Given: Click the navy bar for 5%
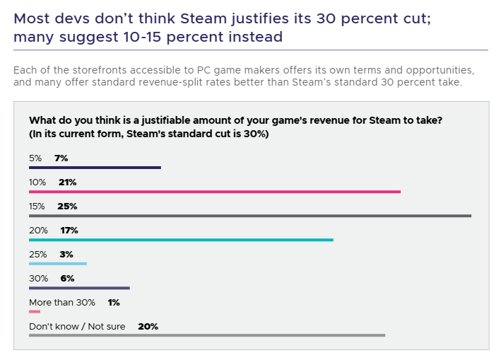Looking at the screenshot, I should (95, 168).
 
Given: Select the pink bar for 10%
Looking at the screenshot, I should (214, 192).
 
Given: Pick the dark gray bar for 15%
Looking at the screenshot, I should (249, 216).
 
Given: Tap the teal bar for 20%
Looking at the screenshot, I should (180, 240).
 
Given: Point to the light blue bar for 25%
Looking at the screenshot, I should (57, 264).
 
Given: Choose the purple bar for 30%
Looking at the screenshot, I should (79, 288).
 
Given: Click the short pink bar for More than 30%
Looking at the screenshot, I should (35, 311).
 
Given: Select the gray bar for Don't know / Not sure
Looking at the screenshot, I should (206, 335).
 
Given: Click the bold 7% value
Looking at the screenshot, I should (61, 158).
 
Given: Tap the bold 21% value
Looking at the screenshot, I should (67, 182).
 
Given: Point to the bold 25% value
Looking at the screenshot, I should (67, 206).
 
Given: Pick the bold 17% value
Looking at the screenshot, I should (69, 230).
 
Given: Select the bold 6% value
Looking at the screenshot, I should (67, 278).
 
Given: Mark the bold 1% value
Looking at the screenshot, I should (114, 302).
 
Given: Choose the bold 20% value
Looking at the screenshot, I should (148, 326).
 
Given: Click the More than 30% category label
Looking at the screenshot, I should (62, 302).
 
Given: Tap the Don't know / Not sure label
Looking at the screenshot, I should (79, 326).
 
